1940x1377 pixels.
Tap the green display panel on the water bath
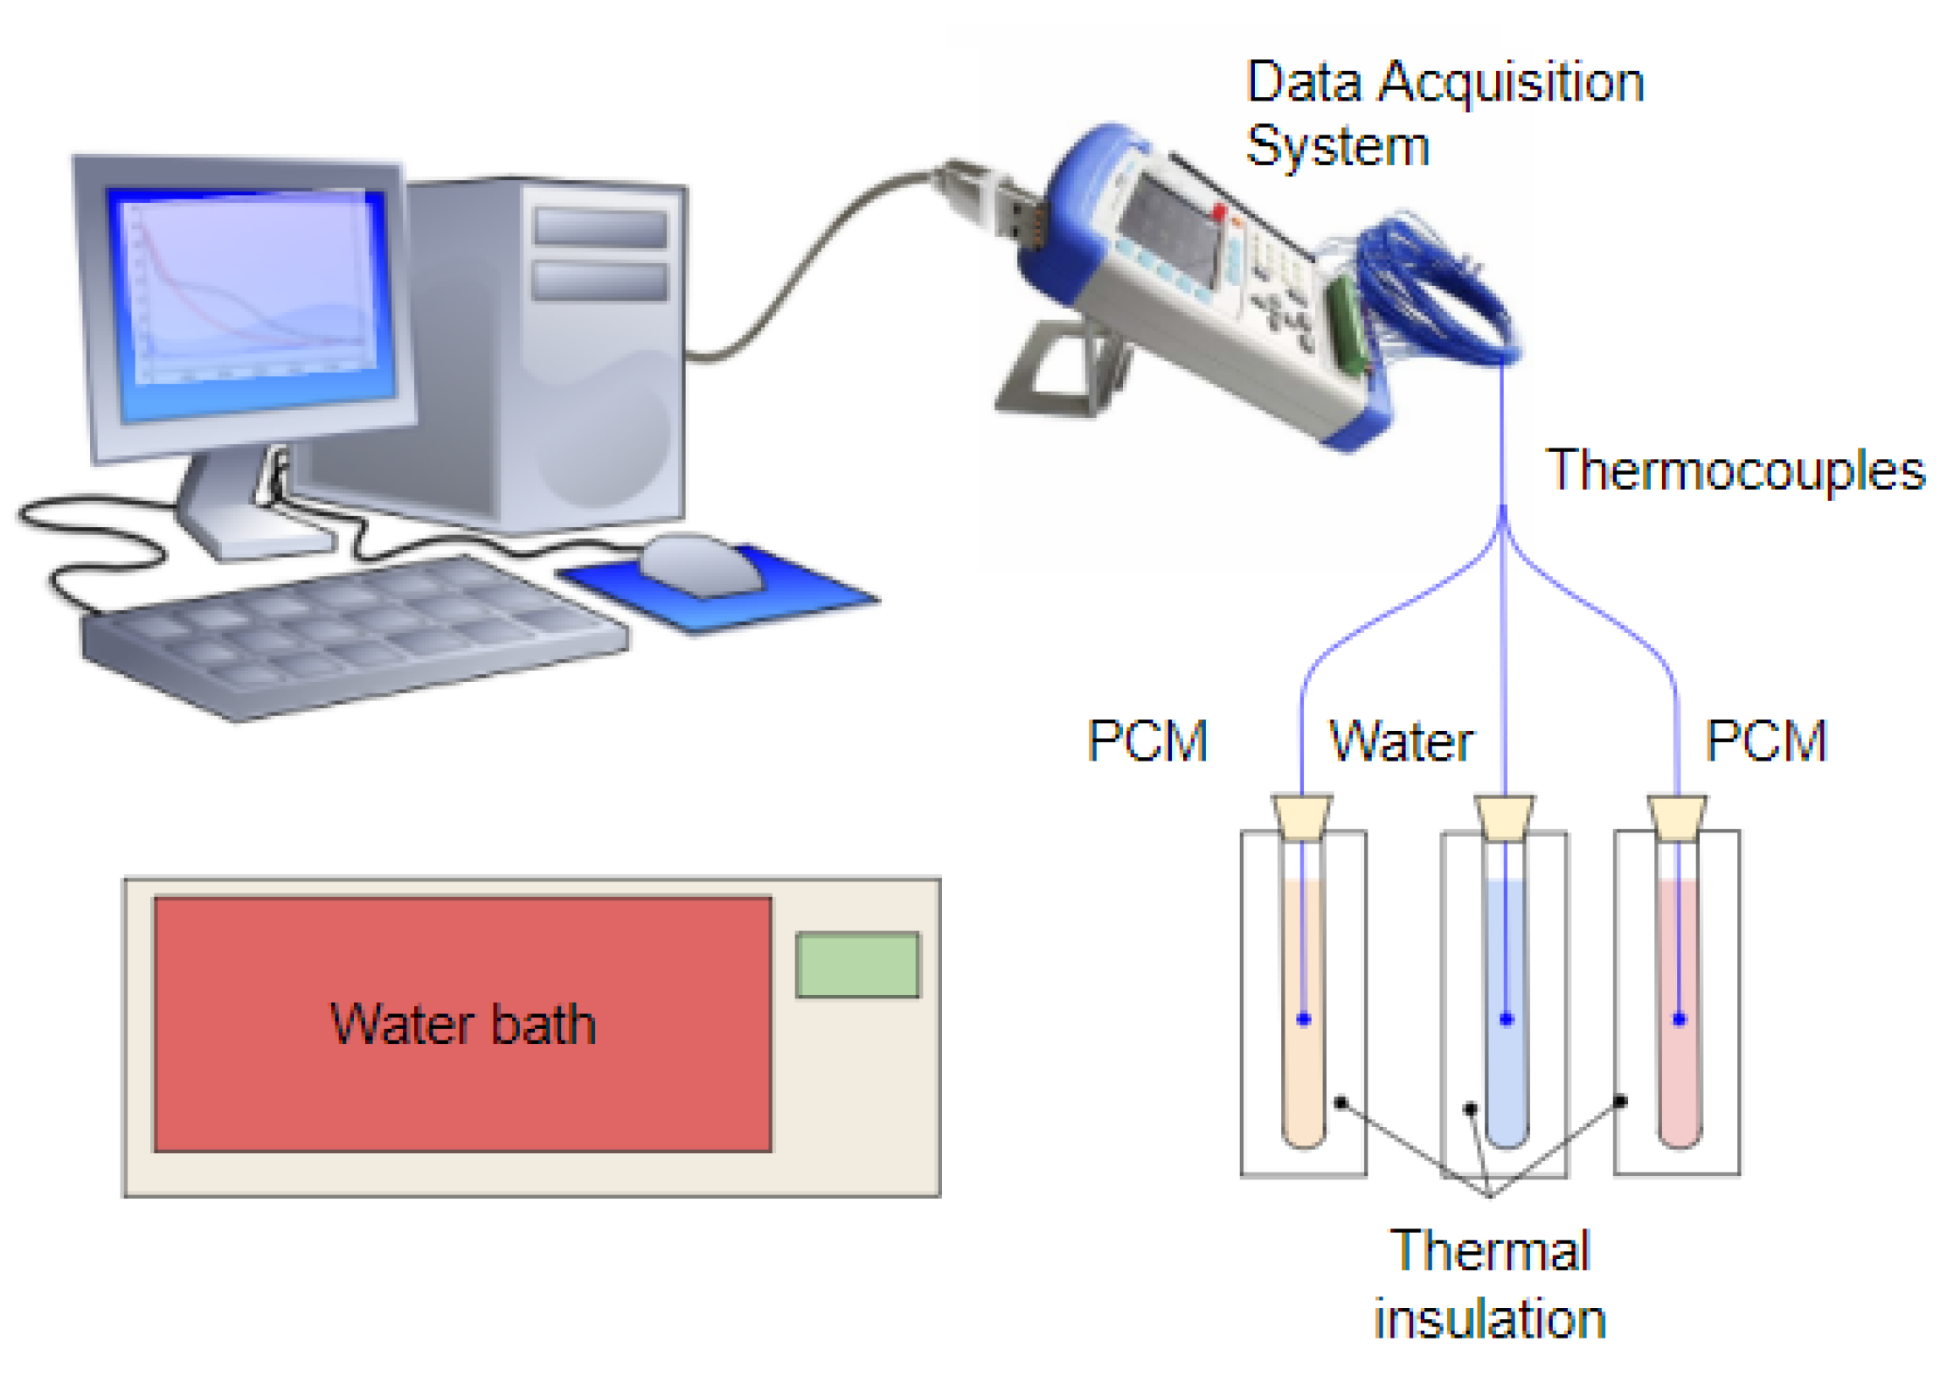click(856, 964)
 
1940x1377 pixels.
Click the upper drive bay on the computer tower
click(600, 227)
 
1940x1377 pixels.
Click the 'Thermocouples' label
click(1735, 470)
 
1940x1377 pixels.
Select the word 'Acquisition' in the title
click(1511, 83)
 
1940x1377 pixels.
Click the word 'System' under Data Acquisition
click(1337, 146)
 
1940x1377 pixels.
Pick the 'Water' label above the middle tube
click(1401, 741)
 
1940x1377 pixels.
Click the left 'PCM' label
click(1147, 741)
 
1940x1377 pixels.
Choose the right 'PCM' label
click(1765, 741)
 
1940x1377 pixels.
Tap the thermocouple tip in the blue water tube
click(1506, 1019)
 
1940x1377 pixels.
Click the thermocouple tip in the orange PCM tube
click(1303, 1019)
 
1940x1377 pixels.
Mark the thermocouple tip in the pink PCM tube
click(1679, 1019)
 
